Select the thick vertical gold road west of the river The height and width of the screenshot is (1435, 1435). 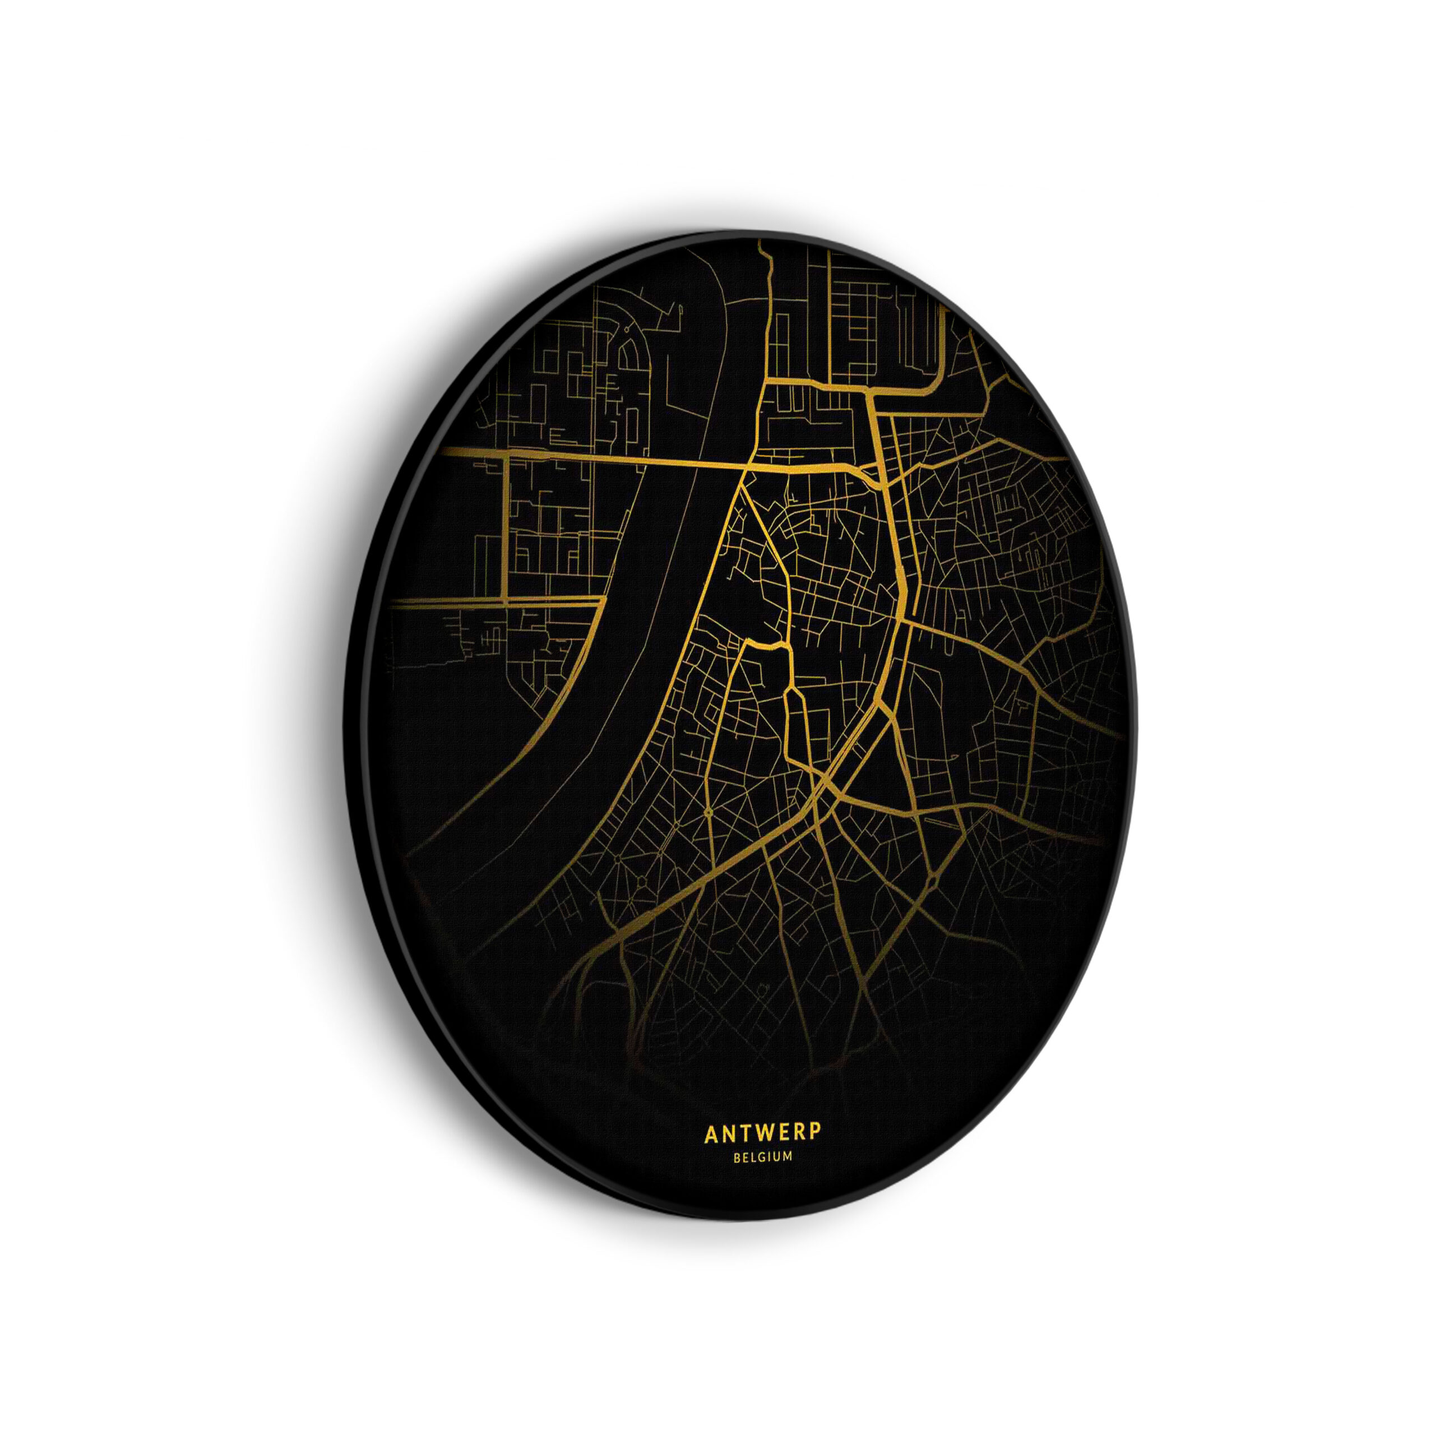pyautogui.click(x=507, y=527)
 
